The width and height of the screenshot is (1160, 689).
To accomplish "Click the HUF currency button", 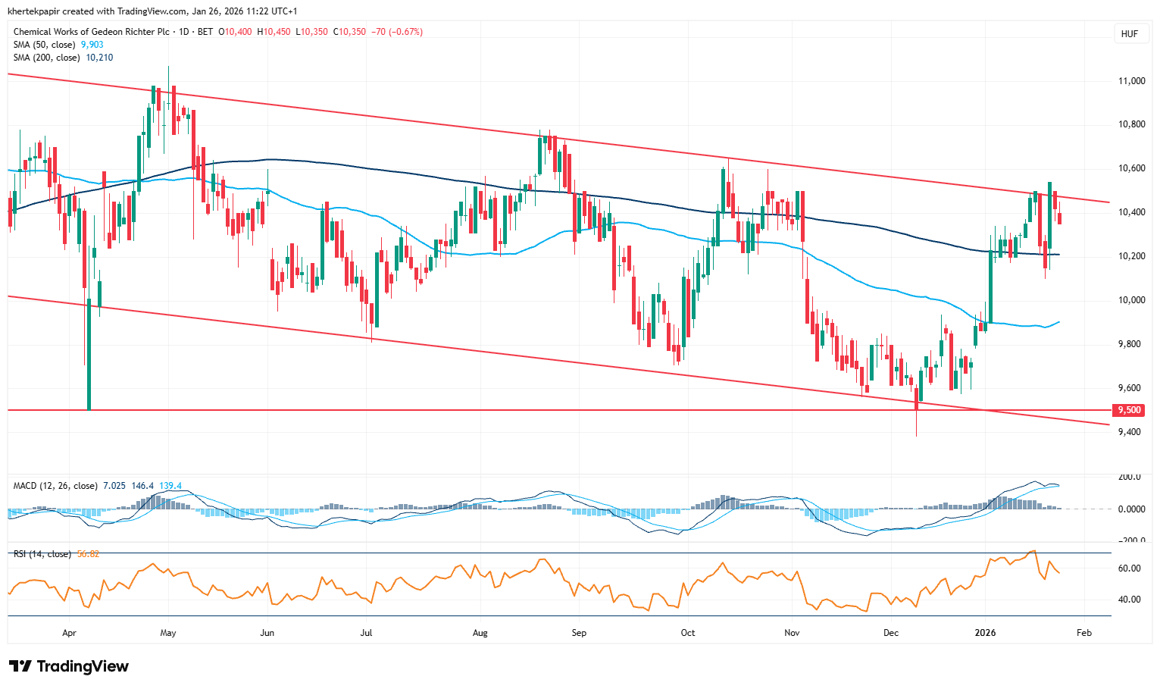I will click(1129, 34).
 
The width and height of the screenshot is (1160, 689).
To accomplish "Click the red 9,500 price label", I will click(1129, 410).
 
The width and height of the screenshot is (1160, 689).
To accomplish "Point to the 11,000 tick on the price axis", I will click(1131, 81).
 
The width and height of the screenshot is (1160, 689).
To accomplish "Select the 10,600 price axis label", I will click(1131, 168).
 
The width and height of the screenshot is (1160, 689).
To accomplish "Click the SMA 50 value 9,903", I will click(92, 45).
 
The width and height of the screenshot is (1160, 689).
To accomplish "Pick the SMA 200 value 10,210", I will click(99, 58).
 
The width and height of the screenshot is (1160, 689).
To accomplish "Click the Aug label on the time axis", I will click(480, 633).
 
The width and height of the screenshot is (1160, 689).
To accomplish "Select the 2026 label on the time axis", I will click(985, 633).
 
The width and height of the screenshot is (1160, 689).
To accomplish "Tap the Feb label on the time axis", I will click(1084, 633).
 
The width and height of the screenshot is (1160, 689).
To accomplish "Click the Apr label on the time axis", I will click(69, 633).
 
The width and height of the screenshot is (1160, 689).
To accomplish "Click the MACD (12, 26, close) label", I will click(55, 486).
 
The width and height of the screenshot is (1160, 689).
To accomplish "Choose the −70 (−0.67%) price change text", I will click(396, 32).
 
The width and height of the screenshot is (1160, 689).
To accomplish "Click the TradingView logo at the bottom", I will click(69, 666).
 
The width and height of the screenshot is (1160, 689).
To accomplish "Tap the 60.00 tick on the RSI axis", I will click(1130, 568).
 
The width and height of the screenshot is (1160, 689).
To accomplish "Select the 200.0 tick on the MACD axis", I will click(1130, 477).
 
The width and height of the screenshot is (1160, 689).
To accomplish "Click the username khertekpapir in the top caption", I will click(35, 11).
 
